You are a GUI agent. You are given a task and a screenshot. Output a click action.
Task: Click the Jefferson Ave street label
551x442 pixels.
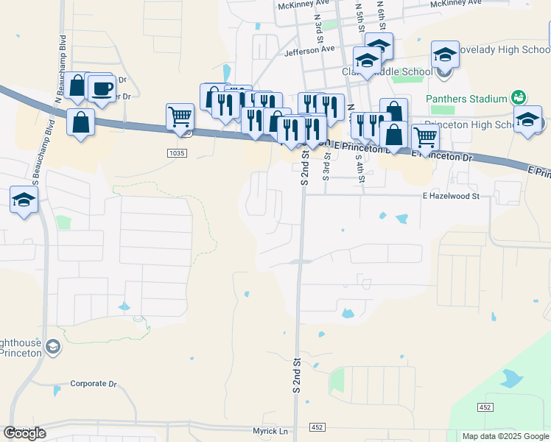pyautogui.click(x=309, y=49)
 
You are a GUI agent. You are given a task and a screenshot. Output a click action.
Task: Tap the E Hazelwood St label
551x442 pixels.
pyautogui.click(x=450, y=197)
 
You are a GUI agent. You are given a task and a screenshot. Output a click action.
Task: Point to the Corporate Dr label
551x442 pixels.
pyautogui.click(x=94, y=384)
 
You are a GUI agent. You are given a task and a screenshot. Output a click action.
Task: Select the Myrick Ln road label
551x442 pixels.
pyautogui.click(x=270, y=431)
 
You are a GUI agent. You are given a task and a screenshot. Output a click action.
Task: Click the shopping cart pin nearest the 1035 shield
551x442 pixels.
pyautogui.click(x=180, y=116)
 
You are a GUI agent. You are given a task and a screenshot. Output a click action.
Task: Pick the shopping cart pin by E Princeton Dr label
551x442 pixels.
pyautogui.click(x=426, y=137)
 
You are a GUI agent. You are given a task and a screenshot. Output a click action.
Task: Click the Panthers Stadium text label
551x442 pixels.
pyautogui.click(x=467, y=99)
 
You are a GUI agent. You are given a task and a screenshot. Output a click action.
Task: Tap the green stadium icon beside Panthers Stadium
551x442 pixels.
pyautogui.click(x=519, y=98)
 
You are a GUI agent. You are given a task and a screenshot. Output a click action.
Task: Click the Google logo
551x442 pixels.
pyautogui.click(x=25, y=433)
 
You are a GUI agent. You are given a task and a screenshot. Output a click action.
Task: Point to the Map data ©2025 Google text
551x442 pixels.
pyautogui.click(x=505, y=436)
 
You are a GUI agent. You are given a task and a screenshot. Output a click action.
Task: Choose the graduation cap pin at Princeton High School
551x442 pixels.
pyautogui.click(x=528, y=120)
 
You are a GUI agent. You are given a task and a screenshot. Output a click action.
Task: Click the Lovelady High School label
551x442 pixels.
pyautogui.click(x=504, y=50)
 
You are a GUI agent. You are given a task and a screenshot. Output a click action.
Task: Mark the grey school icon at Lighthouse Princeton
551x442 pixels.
pyautogui.click(x=52, y=346)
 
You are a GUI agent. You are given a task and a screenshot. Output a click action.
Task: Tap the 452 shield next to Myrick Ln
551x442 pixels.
pyautogui.click(x=317, y=427)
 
